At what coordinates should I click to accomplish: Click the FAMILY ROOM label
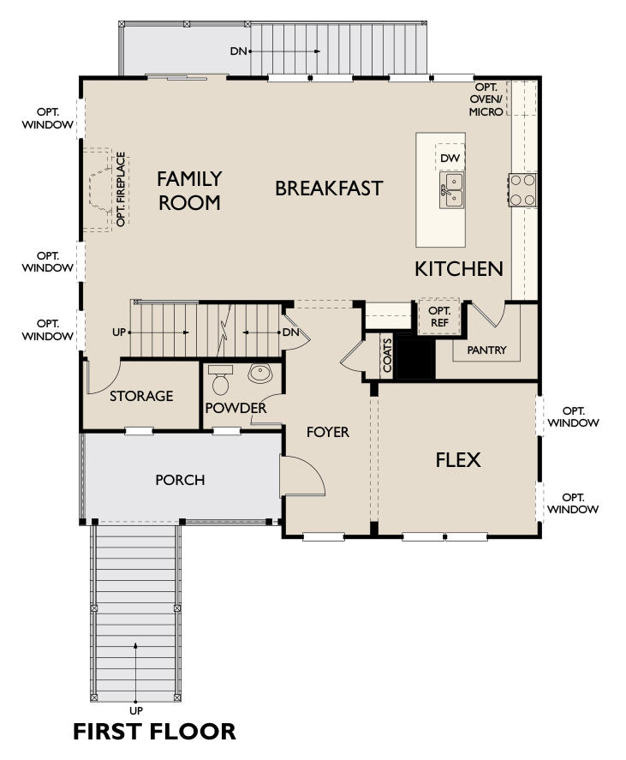pos(189,190)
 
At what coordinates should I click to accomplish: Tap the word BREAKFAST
pos(329,188)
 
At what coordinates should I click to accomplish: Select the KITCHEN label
pos(459,268)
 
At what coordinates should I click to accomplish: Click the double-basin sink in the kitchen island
pos(451,189)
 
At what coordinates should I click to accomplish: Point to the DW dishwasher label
pos(450,158)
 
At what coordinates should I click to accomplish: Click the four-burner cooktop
pos(522,189)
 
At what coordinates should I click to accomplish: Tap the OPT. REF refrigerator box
pos(439,316)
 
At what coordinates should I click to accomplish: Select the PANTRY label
pos(486,350)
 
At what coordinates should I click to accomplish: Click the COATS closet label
pos(387,356)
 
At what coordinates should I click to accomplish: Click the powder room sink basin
pos(259,374)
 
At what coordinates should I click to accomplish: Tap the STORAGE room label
pos(141,396)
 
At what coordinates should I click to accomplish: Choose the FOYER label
pos(327,432)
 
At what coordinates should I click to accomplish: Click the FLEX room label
pos(458,460)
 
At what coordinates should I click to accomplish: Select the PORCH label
pos(180,480)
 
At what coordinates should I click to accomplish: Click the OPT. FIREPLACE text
pos(121,189)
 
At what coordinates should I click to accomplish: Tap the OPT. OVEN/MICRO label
pos(486,99)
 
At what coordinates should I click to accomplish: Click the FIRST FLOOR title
pos(154,732)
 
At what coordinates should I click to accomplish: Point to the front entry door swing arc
pos(315,470)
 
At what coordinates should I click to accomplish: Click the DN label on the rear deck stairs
pos(238,51)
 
